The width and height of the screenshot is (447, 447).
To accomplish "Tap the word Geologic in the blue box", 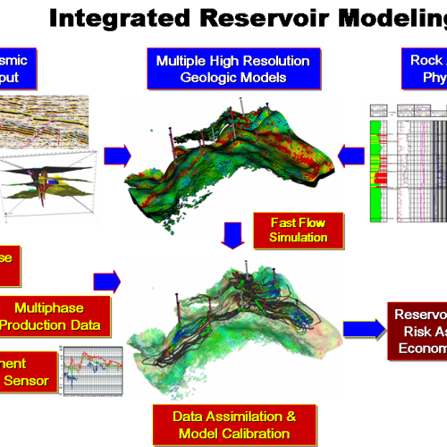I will (198, 79).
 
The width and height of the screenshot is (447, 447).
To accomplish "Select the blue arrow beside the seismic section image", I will (117, 157).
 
